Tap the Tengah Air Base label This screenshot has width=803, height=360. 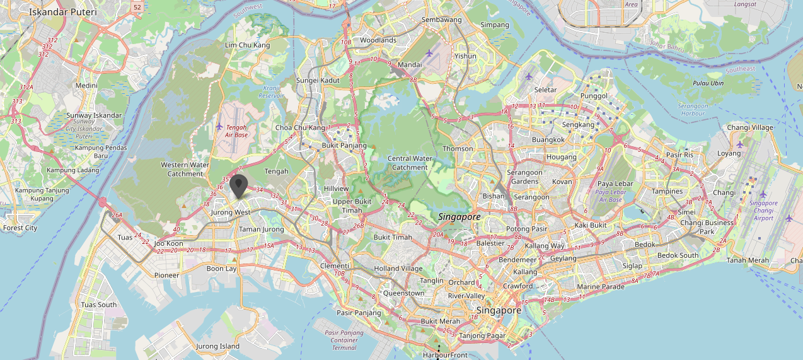[x=236, y=131]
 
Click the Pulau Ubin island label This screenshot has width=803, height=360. [x=708, y=83]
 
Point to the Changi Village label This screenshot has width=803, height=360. [x=749, y=127]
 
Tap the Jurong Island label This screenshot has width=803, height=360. [x=217, y=346]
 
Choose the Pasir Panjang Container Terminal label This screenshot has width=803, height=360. [x=344, y=340]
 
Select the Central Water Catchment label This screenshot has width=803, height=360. [x=410, y=163]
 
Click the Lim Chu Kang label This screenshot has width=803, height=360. [x=248, y=45]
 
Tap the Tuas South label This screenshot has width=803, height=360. [x=99, y=305]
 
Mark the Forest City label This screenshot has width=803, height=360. [x=20, y=228]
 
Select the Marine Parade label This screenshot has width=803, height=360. [x=601, y=287]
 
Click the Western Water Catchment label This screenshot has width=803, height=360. [x=185, y=169]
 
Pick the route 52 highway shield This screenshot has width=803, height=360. [x=137, y=6]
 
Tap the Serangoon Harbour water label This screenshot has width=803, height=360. [x=693, y=110]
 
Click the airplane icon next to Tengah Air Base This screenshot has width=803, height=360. [x=219, y=127]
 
